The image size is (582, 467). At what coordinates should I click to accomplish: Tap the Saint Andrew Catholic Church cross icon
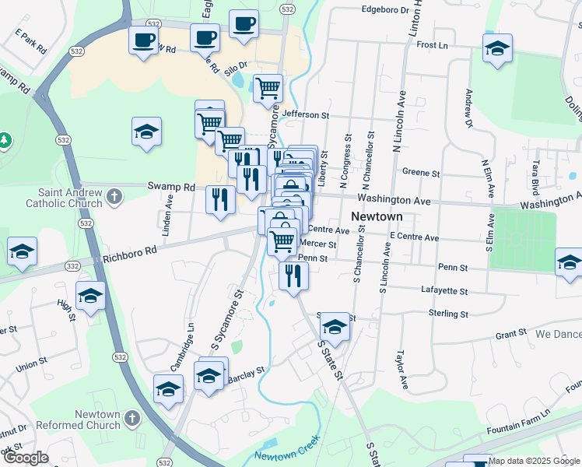click(114, 195)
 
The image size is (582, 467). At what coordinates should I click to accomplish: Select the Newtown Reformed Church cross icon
click(132, 419)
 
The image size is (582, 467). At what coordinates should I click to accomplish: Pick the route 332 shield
click(72, 266)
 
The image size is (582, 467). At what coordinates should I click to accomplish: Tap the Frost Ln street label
click(433, 45)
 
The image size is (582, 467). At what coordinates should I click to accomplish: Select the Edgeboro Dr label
click(384, 10)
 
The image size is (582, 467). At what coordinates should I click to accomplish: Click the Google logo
click(25, 458)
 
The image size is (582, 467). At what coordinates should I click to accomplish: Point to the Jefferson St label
click(306, 114)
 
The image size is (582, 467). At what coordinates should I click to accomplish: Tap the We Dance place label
click(558, 334)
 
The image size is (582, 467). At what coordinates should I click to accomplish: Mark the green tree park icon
click(5, 139)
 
